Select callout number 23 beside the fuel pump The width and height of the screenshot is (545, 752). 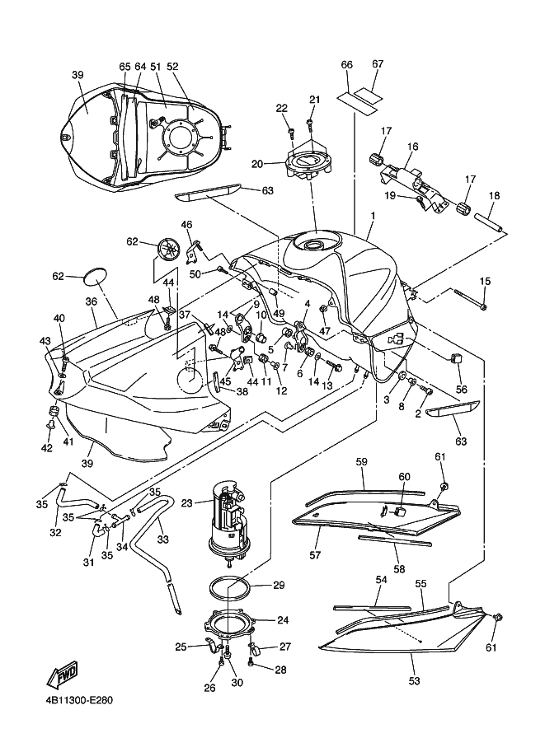(186, 502)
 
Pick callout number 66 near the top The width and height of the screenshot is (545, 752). (347, 64)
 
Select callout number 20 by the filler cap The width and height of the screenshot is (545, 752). (257, 164)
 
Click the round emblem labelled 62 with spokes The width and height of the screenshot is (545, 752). (170, 248)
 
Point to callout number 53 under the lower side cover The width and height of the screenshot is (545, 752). (414, 681)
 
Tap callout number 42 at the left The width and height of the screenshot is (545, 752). (47, 448)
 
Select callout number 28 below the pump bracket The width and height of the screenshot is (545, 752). (280, 670)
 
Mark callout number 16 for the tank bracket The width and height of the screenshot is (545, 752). (412, 146)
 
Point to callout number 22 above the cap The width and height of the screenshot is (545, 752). (281, 108)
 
